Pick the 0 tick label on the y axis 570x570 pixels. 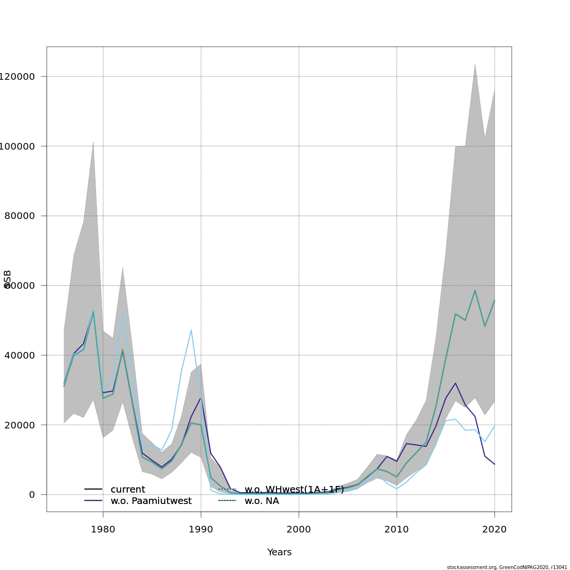click(x=32, y=494)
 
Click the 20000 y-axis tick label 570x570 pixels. click(x=19, y=425)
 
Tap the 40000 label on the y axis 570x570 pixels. click(x=19, y=355)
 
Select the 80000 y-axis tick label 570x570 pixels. click(x=19, y=216)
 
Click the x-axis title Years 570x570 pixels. click(x=279, y=552)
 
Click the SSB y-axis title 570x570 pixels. click(x=7, y=279)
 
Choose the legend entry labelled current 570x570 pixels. click(x=128, y=490)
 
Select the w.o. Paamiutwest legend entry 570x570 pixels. click(x=151, y=501)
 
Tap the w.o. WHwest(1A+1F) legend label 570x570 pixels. click(x=294, y=490)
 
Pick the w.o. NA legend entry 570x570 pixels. click(x=261, y=501)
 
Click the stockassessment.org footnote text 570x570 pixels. click(x=507, y=567)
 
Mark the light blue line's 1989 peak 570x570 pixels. click(x=191, y=330)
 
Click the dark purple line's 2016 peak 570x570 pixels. click(x=456, y=383)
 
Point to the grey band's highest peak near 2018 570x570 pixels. click(x=475, y=64)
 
